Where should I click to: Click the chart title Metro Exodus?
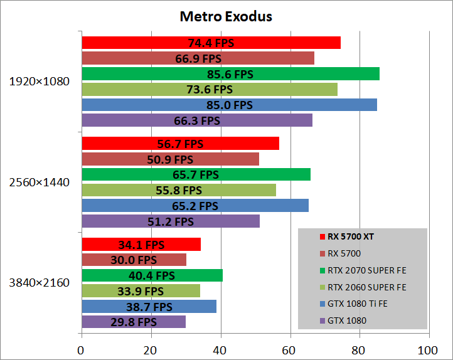(x=226, y=16)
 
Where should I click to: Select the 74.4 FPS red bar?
(x=211, y=43)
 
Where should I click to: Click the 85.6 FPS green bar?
(x=230, y=74)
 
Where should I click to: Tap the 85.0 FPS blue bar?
(x=229, y=105)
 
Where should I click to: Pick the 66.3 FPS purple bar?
(x=197, y=120)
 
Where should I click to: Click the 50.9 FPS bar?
(x=170, y=159)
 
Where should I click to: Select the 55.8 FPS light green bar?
(x=179, y=190)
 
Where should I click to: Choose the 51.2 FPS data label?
(x=171, y=221)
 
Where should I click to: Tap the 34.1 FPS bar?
(x=141, y=245)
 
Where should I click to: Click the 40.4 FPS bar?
(x=152, y=275)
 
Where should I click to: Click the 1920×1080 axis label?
(x=39, y=82)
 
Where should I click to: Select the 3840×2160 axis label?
(x=39, y=283)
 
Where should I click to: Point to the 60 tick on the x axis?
(x=290, y=350)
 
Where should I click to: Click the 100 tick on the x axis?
(x=429, y=350)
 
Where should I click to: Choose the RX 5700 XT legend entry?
(x=355, y=237)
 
